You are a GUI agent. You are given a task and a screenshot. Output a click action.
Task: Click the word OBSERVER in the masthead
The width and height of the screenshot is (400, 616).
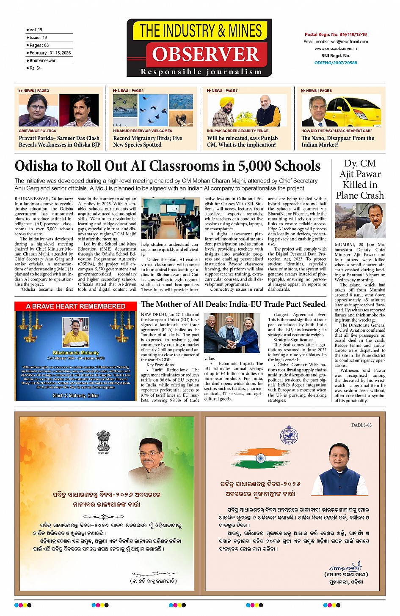206,54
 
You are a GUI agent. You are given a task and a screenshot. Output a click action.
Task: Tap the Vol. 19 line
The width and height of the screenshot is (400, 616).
36,30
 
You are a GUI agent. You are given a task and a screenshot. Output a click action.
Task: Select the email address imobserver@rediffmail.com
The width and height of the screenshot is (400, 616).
336,41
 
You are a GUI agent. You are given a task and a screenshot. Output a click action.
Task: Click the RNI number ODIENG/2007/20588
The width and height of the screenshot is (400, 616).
336,63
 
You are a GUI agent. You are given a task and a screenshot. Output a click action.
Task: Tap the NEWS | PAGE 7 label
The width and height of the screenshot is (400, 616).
222,90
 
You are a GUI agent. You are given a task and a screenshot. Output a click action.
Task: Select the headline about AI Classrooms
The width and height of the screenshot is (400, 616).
168,166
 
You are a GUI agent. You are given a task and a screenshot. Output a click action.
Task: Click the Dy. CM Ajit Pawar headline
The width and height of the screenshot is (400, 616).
360,179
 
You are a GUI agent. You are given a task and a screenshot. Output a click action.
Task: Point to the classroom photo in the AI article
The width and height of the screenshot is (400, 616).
170,218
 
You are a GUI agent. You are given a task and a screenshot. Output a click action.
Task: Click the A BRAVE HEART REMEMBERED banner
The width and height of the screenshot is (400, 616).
76,306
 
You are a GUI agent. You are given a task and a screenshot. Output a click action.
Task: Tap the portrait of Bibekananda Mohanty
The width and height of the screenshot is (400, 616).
76,333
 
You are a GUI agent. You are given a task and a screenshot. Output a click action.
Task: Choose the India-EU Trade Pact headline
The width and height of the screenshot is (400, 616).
233,304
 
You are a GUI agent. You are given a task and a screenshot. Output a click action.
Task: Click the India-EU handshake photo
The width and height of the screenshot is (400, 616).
232,333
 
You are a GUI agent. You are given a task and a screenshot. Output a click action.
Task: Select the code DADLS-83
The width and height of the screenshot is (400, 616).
361,425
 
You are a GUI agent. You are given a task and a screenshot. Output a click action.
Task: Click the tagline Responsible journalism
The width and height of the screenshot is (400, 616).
201,72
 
